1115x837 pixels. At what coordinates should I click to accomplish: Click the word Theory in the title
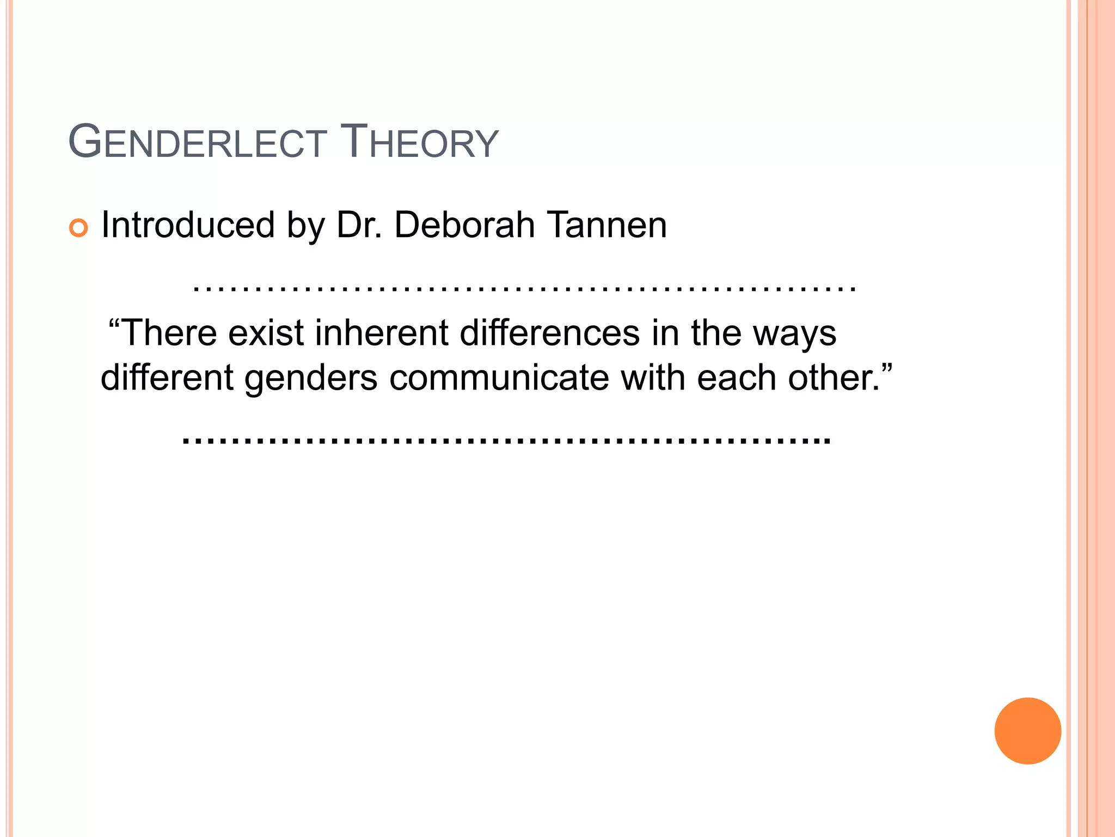pyautogui.click(x=419, y=143)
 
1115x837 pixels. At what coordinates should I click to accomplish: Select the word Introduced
pyautogui.click(x=188, y=225)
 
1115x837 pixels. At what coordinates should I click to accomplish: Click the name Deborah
pyautogui.click(x=464, y=225)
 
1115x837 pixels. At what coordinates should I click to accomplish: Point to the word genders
pyautogui.click(x=311, y=378)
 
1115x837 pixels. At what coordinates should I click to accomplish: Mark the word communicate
pyautogui.click(x=499, y=377)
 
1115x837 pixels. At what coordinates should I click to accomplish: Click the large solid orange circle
pyautogui.click(x=1027, y=731)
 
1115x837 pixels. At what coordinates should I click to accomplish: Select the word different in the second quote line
pyautogui.click(x=167, y=377)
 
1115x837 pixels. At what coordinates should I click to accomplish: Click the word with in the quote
pyautogui.click(x=653, y=377)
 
